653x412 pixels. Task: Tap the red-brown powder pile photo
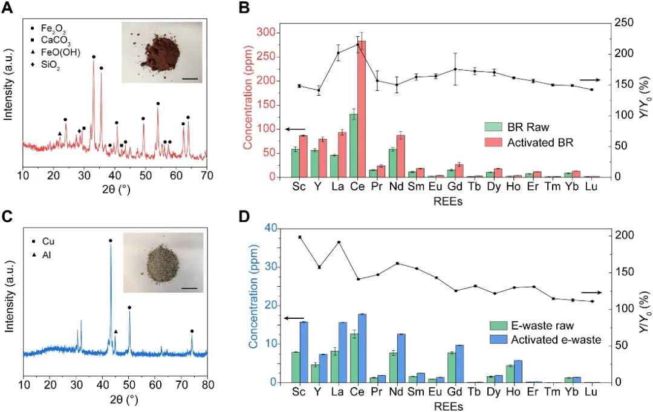coord(160,54)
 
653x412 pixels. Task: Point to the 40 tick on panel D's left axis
coord(273,229)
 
